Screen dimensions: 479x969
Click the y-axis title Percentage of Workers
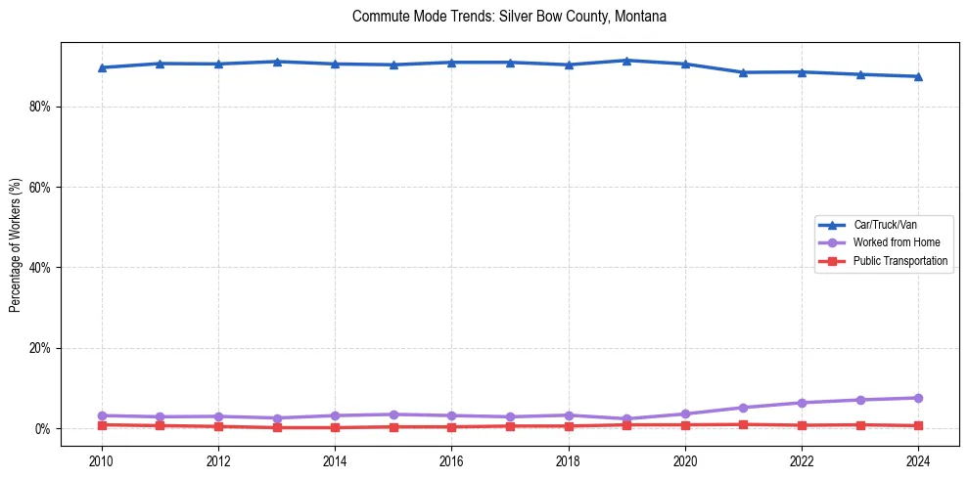point(16,244)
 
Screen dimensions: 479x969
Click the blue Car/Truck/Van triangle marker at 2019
point(626,61)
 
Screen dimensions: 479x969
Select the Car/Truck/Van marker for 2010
point(102,67)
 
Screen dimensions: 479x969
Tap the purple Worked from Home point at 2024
point(918,398)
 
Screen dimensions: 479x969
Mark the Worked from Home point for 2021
point(743,408)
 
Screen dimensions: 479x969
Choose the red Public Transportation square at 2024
point(918,426)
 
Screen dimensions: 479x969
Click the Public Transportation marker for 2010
point(102,425)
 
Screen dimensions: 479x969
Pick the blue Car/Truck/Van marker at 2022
point(802,72)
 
